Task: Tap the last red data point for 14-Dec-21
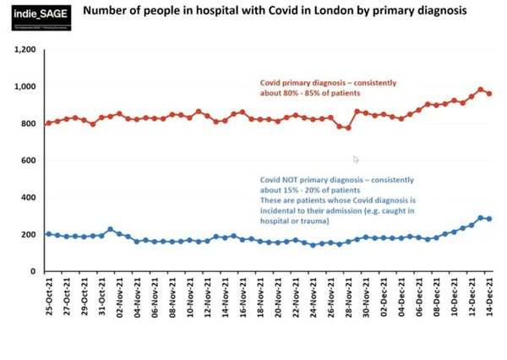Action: click(x=489, y=94)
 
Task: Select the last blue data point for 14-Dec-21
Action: click(x=489, y=219)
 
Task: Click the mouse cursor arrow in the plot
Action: click(x=357, y=159)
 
